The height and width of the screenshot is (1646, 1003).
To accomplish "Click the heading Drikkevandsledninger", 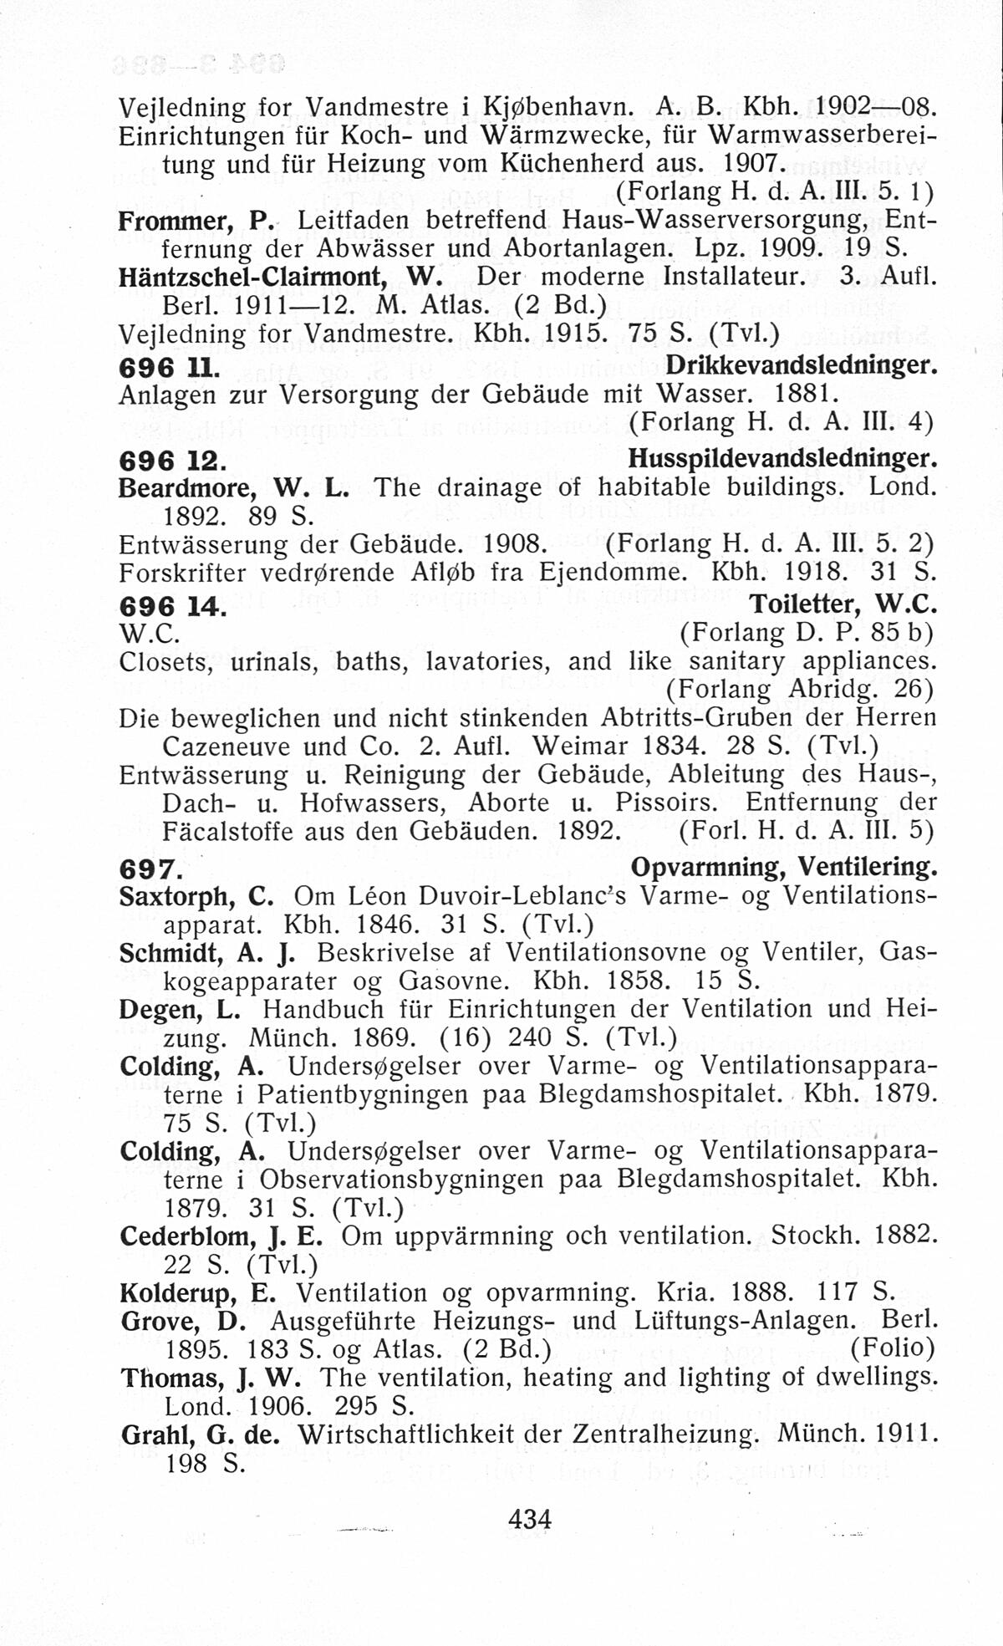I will click(802, 365).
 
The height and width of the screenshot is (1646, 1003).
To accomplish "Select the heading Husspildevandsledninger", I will click(782, 459).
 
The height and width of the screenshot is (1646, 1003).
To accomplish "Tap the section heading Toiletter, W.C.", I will click(843, 604).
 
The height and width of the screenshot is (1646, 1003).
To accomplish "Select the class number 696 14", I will click(172, 605).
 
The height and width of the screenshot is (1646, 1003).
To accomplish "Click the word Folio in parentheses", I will click(892, 1348).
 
